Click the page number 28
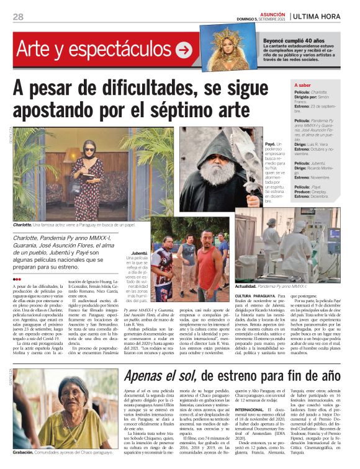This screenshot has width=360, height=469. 18,17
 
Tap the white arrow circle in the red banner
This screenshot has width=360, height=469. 183,50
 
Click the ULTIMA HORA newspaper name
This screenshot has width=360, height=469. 323,16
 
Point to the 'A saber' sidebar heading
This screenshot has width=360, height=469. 302,86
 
